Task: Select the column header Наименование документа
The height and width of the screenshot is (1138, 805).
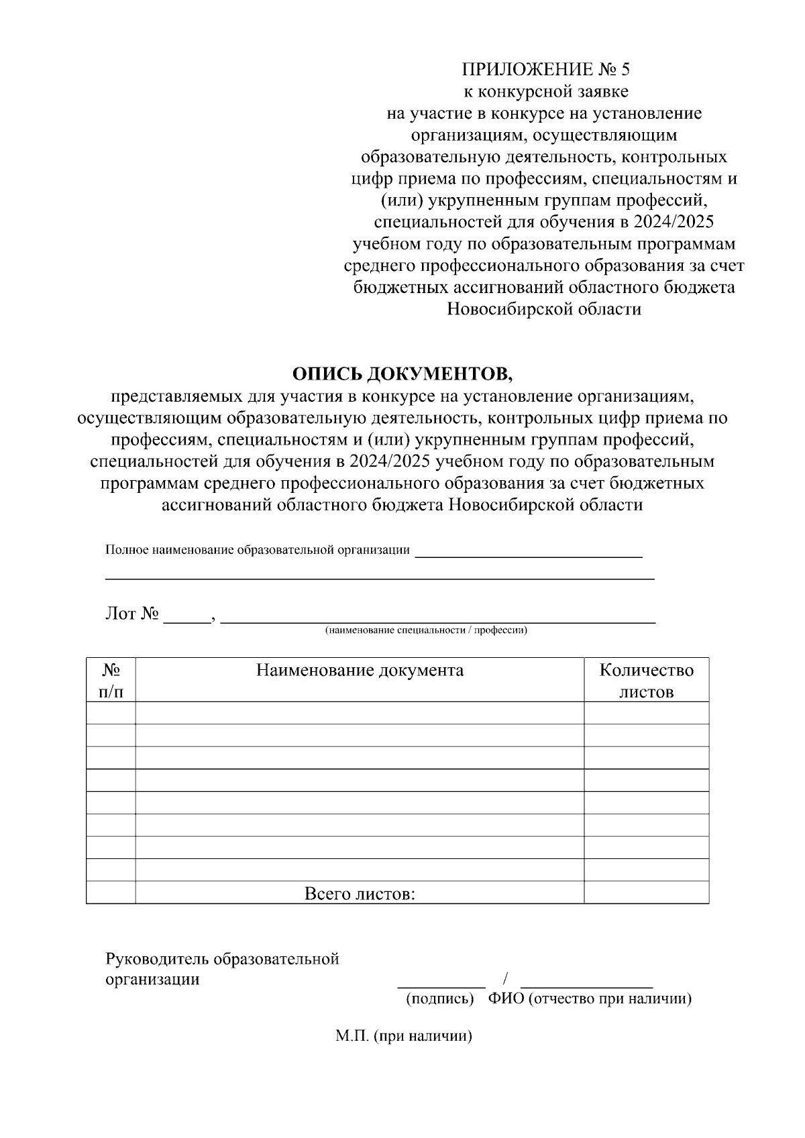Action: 360,670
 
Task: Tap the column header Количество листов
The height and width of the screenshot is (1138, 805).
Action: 646,680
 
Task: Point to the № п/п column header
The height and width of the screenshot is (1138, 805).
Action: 111,680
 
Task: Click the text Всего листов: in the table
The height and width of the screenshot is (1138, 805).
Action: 360,893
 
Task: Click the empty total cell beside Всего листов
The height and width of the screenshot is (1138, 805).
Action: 646,893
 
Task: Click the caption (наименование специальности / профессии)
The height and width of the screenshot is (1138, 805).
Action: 426,630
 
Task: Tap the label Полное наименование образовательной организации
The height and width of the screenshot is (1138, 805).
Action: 258,551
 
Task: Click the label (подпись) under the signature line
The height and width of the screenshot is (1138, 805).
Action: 440,999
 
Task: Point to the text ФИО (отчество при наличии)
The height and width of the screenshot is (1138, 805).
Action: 590,999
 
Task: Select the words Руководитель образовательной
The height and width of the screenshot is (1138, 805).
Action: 222,958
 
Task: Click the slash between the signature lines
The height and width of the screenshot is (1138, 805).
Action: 503,978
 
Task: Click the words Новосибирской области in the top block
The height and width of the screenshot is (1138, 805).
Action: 543,309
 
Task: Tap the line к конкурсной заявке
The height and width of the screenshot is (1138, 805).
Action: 545,91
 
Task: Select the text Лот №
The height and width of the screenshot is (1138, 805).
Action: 131,614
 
